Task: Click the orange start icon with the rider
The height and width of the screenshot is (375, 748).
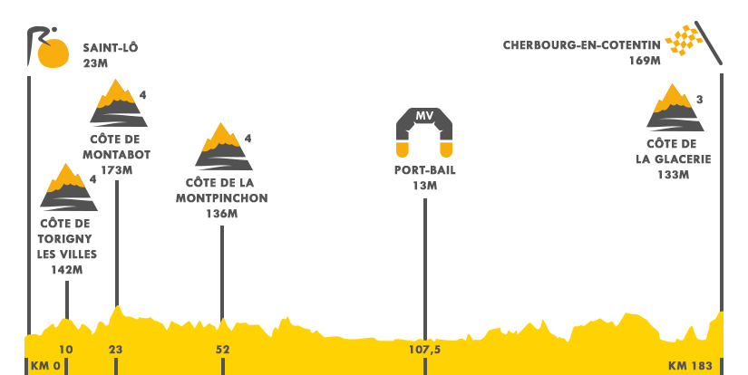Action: pos(48,47)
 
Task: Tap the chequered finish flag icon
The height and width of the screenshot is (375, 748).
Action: pos(695,43)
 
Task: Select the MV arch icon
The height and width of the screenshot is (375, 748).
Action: pos(424,132)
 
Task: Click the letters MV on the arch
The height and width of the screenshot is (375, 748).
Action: pos(424,117)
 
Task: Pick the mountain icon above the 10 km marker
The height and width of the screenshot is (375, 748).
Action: pos(68,187)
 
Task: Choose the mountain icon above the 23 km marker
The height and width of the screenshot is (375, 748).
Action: pos(118,102)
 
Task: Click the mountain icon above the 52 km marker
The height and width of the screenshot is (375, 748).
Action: pos(223,146)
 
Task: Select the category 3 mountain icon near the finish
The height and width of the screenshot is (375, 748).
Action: pos(675,107)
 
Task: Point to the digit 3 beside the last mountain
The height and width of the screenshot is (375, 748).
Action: pos(699,100)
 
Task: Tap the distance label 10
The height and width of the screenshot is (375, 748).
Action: pos(66,350)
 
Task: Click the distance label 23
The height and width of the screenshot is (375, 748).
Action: pos(116,350)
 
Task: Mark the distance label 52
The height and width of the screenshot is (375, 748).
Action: pos(223,350)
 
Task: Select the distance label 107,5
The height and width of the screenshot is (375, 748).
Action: pos(424,350)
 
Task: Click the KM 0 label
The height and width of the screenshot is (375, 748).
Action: pos(45,366)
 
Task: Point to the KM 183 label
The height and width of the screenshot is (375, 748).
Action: pos(690,366)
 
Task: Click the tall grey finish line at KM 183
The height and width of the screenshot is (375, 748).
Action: pos(722,190)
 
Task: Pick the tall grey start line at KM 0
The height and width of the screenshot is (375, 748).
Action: pos(29,190)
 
